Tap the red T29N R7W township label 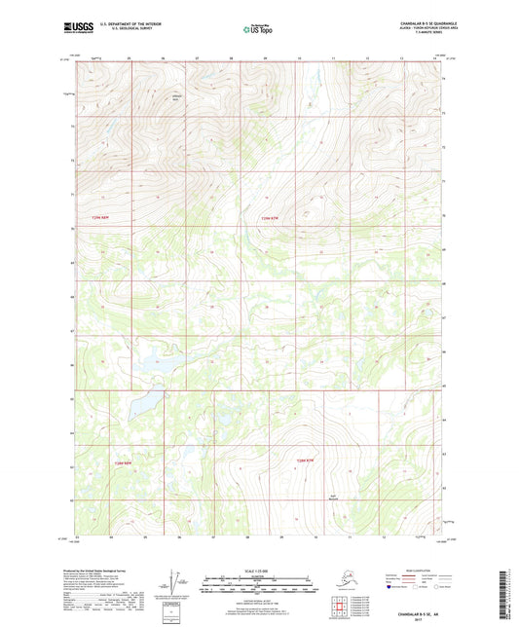tap(278, 217)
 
